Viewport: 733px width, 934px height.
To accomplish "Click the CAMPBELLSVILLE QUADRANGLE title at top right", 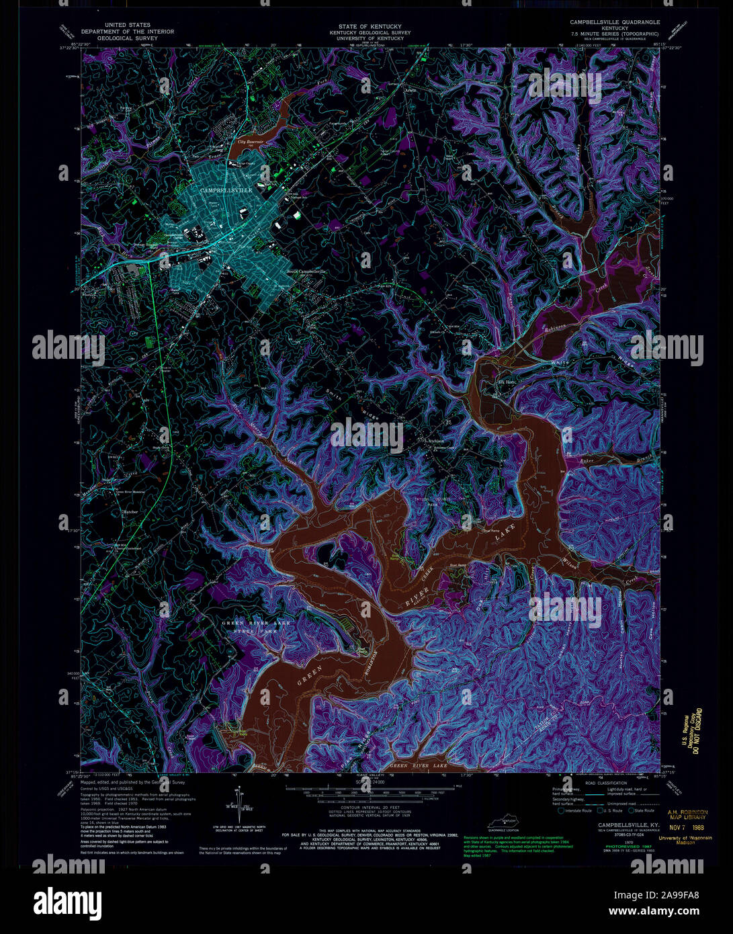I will (614, 22).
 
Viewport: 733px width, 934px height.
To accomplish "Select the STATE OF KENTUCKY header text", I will (365, 26).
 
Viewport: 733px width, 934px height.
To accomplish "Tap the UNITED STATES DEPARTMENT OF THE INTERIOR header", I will (127, 32).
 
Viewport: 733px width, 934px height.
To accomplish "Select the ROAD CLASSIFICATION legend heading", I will (607, 783).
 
